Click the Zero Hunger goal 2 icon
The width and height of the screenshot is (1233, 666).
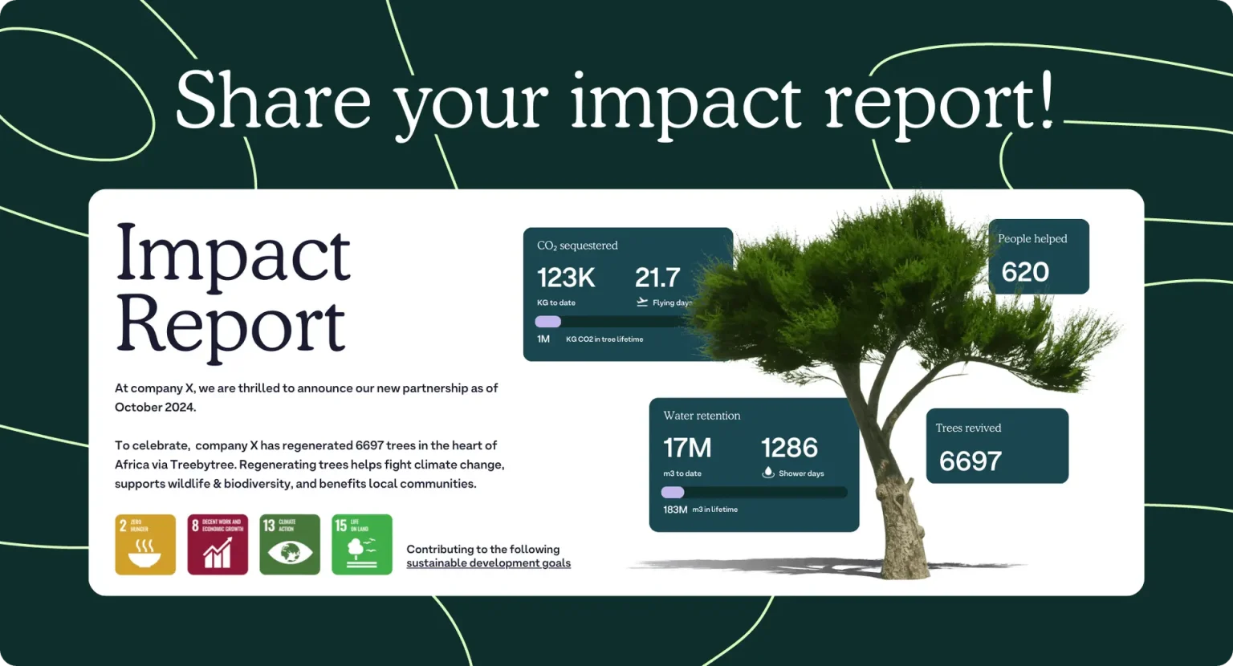(145, 544)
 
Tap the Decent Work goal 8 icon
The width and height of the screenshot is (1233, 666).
(218, 544)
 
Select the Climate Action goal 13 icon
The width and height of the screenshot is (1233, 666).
(290, 544)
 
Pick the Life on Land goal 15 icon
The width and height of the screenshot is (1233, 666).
(362, 544)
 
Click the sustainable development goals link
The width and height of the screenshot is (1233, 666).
(488, 563)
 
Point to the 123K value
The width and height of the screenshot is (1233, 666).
(566, 278)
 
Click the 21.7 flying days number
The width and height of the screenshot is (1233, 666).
(657, 278)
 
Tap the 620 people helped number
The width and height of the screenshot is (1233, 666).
(1025, 272)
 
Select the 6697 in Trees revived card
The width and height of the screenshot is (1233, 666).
(971, 461)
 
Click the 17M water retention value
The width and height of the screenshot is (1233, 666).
(687, 448)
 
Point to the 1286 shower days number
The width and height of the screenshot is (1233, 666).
(789, 448)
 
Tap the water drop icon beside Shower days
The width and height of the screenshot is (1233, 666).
(768, 473)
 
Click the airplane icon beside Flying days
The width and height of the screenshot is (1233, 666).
(642, 303)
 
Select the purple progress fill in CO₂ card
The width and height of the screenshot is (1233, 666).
(548, 322)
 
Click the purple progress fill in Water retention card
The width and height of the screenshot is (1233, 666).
(673, 493)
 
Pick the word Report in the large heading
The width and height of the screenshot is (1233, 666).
(231, 324)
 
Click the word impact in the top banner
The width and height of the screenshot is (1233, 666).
(686, 102)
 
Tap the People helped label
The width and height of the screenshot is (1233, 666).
(1032, 239)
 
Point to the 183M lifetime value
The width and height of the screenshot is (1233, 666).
(675, 510)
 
